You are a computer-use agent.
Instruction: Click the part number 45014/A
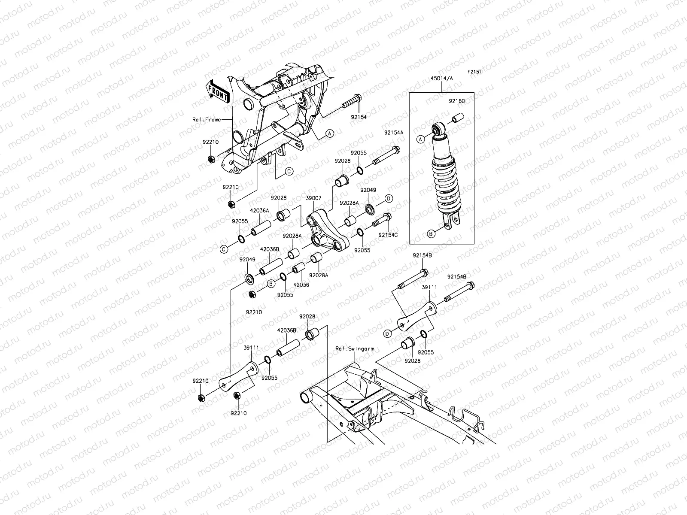tap(442, 79)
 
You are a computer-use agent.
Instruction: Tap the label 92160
tap(457, 101)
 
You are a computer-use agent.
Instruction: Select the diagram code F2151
tap(474, 73)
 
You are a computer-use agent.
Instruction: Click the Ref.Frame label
tap(207, 119)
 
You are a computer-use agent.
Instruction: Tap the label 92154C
tap(388, 235)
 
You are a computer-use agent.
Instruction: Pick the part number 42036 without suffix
tap(301, 284)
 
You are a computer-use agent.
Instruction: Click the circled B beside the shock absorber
tap(431, 234)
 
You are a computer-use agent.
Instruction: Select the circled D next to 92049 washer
tap(388, 198)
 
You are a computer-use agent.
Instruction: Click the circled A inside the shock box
tap(421, 138)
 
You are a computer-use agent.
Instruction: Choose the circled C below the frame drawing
tap(289, 170)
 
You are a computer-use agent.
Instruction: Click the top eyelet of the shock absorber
tap(438, 129)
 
